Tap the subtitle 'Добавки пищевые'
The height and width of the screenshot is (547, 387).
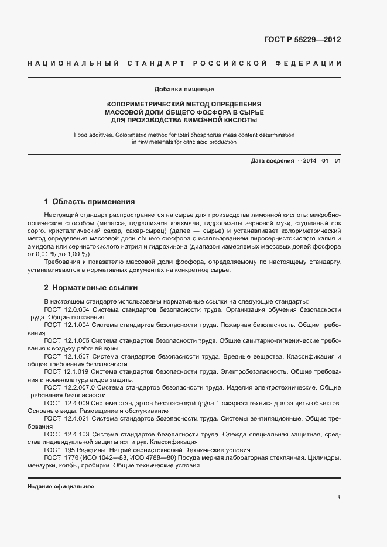tap(184, 90)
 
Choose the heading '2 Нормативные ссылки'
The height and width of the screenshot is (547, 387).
tap(91, 288)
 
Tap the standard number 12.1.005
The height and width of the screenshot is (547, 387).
tap(76, 340)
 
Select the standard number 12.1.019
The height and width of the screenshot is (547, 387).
tap(76, 371)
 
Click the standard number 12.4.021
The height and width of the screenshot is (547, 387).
tap(76, 419)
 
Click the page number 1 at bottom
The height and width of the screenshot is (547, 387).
tap(339, 497)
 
